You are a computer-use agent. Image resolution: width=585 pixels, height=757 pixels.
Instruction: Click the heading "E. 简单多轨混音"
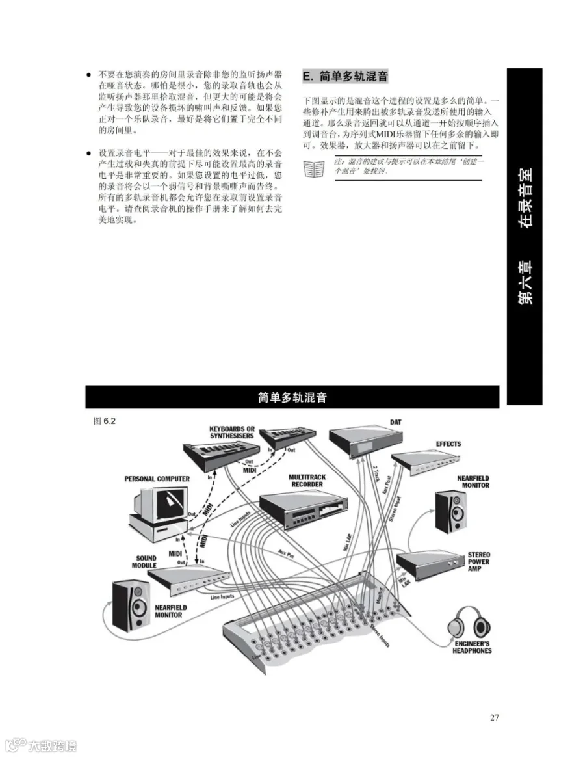coord(346,76)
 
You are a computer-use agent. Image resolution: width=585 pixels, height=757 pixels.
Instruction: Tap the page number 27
coord(494,718)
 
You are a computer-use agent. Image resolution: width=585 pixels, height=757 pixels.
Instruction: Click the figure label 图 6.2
coord(105,420)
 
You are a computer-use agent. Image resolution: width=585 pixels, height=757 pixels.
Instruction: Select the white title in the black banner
coord(292,397)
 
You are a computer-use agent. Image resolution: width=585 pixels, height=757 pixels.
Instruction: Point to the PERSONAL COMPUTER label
coord(157,479)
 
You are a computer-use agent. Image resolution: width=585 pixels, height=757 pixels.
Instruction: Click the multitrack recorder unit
coord(304,511)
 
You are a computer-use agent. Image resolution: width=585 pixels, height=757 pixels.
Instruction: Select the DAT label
coord(395,423)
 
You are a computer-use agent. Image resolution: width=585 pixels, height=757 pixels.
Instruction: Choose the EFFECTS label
coord(448,444)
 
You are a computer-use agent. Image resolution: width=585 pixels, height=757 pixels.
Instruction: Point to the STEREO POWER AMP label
coord(479,562)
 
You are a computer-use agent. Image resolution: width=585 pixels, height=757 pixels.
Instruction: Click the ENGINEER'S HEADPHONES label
coord(472,646)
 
